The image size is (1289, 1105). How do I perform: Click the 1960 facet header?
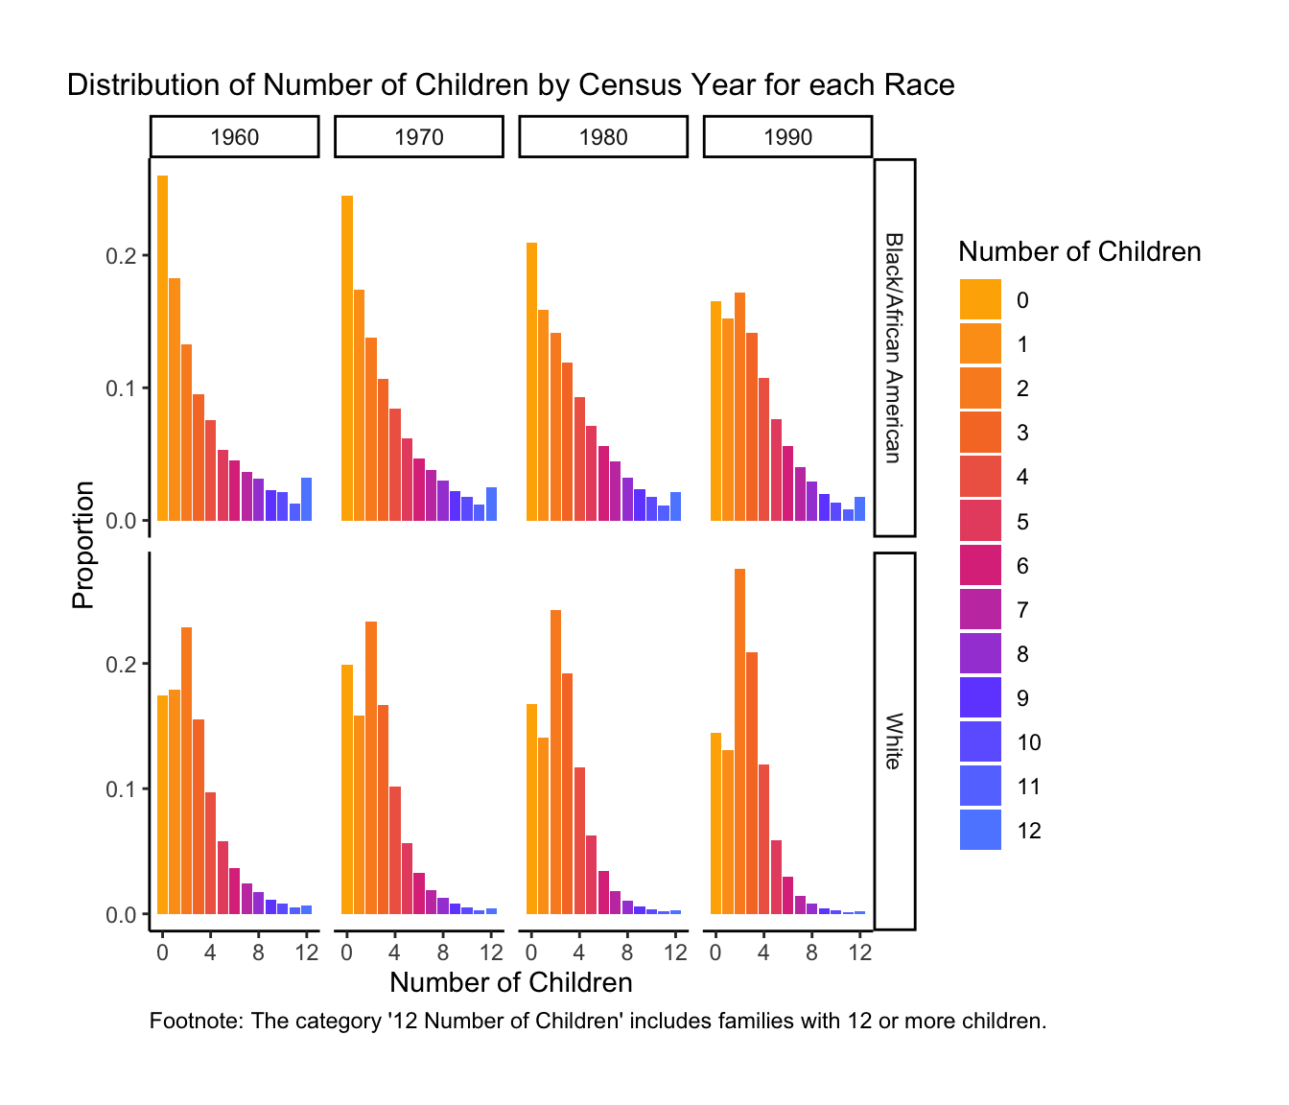pos(234,136)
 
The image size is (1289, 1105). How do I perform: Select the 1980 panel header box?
pos(603,136)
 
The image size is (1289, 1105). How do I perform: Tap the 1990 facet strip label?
pos(787,136)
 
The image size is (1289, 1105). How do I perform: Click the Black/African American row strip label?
pos(894,347)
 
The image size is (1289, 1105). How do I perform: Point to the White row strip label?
pos(894,741)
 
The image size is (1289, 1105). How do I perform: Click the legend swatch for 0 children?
pos(980,299)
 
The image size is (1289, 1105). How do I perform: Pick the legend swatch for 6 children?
pos(980,565)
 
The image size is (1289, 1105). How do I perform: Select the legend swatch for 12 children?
pos(980,831)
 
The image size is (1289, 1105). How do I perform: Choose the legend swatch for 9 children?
pos(980,697)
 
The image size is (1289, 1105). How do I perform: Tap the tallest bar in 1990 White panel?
pos(739,741)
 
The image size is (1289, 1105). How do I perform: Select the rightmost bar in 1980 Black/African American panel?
pos(675,506)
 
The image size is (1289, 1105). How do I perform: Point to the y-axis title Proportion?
pos(83,545)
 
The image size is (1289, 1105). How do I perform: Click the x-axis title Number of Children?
pos(510,982)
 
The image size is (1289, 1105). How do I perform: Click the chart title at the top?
pos(510,85)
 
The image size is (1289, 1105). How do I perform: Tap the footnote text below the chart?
pos(598,1021)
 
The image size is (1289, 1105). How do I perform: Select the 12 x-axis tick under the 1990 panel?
pos(860,952)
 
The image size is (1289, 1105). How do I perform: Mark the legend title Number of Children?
pos(1079,251)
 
